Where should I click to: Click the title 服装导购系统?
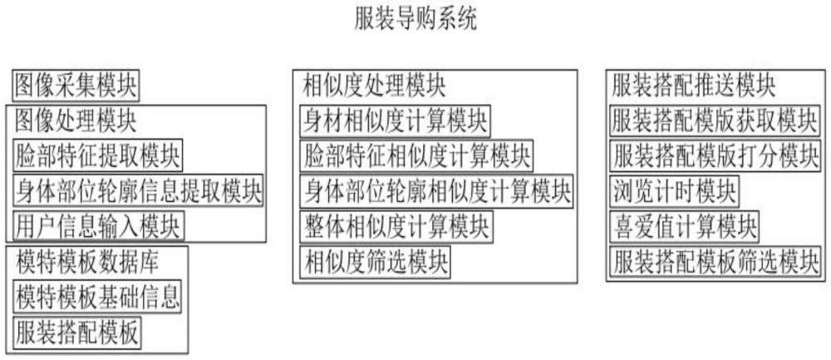pyautogui.click(x=415, y=19)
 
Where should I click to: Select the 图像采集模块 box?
pyautogui.click(x=76, y=86)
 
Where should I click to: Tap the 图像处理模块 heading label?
pyautogui.click(x=76, y=121)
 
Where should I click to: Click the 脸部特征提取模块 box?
pyautogui.click(x=97, y=155)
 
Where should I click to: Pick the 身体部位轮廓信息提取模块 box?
pyautogui.click(x=138, y=191)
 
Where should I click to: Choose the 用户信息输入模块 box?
pyautogui.click(x=99, y=226)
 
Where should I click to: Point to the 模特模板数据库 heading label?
pyautogui.click(x=87, y=263)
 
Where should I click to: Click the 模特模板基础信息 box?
pyautogui.click(x=97, y=297)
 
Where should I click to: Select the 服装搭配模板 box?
pyautogui.click(x=76, y=333)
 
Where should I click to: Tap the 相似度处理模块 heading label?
pyautogui.click(x=374, y=86)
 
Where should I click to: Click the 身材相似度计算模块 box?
pyautogui.click(x=395, y=121)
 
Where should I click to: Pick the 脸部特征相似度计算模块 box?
pyautogui.click(x=416, y=156)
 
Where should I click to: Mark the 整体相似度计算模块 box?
pyautogui.click(x=396, y=227)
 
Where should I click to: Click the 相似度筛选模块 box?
pyautogui.click(x=375, y=262)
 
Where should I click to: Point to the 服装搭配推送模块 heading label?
pyautogui.click(x=694, y=86)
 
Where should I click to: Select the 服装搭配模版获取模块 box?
pyautogui.click(x=714, y=121)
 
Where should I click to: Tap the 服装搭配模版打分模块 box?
pyautogui.click(x=715, y=156)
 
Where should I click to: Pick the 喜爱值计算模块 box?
pyautogui.click(x=684, y=227)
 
